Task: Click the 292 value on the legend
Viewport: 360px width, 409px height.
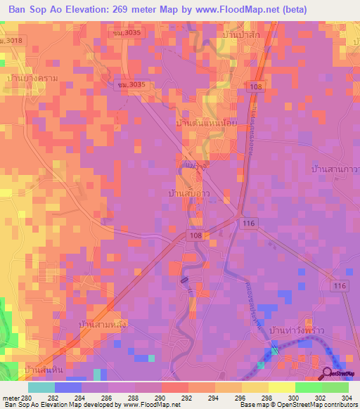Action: pyautogui.click(x=188, y=398)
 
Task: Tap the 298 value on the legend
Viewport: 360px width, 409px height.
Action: pyautogui.click(x=268, y=398)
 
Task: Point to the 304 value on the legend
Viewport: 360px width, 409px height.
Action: pyautogui.click(x=347, y=398)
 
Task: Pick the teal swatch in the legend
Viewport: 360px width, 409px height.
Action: pyautogui.click(x=41, y=387)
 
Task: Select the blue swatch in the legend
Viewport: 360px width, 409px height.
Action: pyautogui.click(x=68, y=387)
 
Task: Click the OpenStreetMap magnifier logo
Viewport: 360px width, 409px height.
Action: pyautogui.click(x=327, y=373)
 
